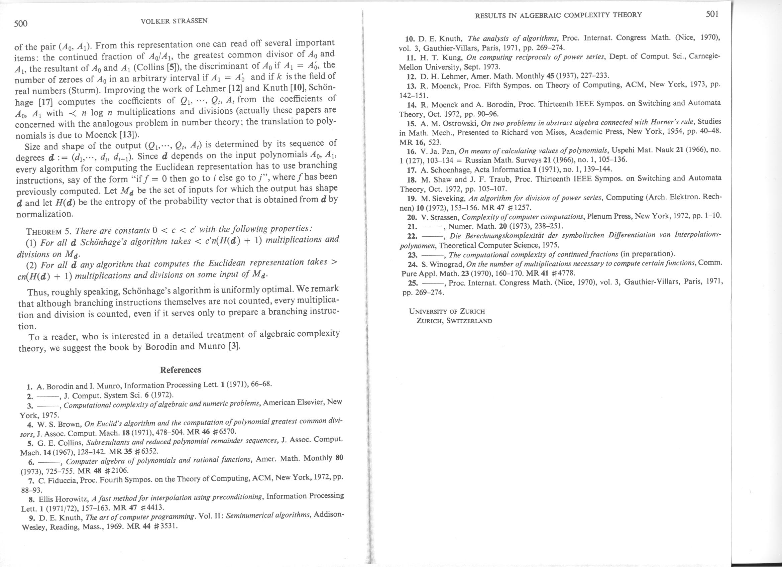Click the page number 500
(x=21, y=24)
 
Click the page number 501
(x=712, y=14)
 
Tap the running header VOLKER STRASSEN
(x=174, y=21)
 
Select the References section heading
(x=180, y=370)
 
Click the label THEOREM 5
(x=48, y=231)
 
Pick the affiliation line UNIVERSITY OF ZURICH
(x=447, y=311)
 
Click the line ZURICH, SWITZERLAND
(x=454, y=321)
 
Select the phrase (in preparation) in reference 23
(x=647, y=254)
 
